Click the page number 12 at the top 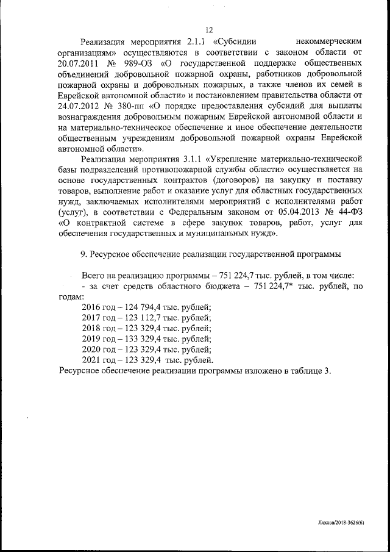click(x=208, y=30)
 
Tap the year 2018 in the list click(x=93, y=328)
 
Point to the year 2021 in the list click(x=93, y=360)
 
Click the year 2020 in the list click(x=93, y=349)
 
